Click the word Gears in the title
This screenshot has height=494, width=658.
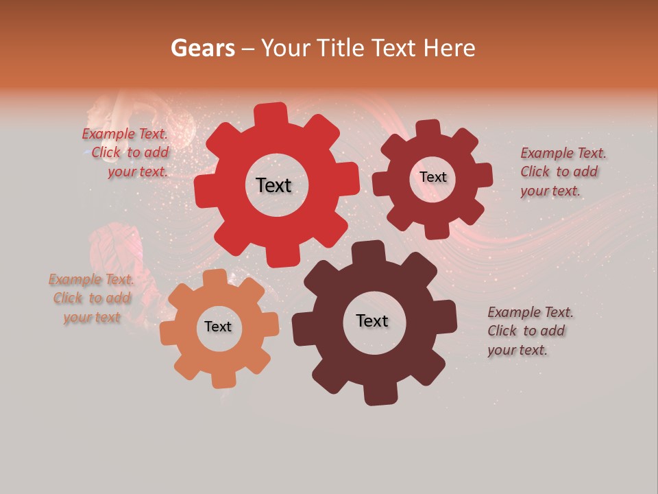click(203, 48)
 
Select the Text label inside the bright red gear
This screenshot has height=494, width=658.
click(273, 185)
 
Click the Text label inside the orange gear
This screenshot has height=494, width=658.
click(218, 327)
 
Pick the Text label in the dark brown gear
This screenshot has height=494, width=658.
click(372, 320)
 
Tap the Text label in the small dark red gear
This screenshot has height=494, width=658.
click(433, 177)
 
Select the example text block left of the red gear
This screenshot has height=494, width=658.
click(127, 153)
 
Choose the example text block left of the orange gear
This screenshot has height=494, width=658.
click(91, 298)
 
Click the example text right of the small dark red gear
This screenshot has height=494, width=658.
click(562, 172)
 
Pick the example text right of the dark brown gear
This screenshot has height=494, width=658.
click(529, 331)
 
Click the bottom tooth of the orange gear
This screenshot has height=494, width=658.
click(223, 379)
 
